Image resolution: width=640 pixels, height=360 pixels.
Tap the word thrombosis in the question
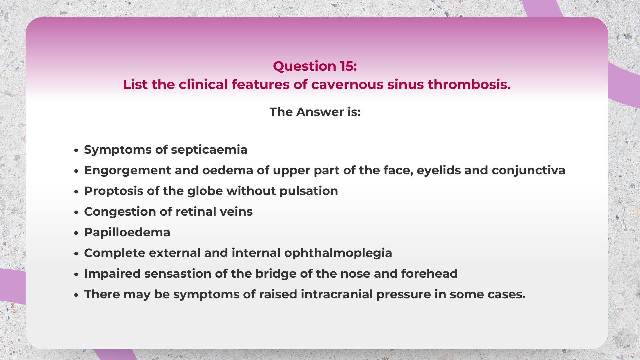coord(469,85)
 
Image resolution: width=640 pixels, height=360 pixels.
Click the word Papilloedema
coord(127,232)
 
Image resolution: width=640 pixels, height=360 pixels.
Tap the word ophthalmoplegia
coord(338,253)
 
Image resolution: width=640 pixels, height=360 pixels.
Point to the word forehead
coord(429,274)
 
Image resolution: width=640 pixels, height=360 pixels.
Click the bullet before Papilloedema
coord(76,233)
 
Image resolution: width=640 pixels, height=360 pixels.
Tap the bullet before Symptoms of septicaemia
coord(76,150)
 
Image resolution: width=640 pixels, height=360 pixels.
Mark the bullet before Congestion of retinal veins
coord(76,212)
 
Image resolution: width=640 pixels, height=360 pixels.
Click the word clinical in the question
coord(203,85)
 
